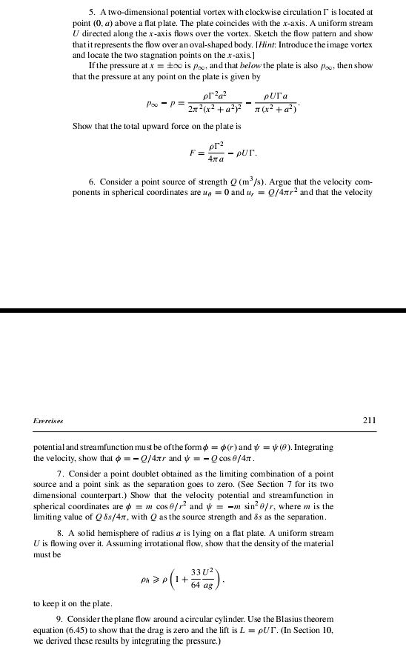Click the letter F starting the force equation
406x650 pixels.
pos(190,156)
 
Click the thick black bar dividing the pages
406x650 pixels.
pos(203,310)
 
